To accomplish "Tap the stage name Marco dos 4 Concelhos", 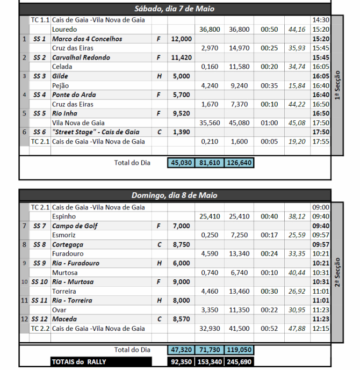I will coord(87,39).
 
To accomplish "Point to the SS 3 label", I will coord(39,76).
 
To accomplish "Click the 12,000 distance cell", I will coord(181,39).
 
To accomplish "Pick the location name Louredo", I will coord(64,29).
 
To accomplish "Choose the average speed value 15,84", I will coord(297,85).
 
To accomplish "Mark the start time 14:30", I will coord(320,20).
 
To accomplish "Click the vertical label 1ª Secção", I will coord(337,86).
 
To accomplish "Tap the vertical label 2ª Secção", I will coord(337,272).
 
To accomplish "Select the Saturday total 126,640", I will coord(239,162).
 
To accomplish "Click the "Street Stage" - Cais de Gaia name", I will coord(96,132).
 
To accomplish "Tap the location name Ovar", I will coord(59,310).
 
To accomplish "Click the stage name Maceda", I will coord(65,319).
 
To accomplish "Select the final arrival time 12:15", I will coord(320,328).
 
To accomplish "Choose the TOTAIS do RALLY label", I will coord(79,361).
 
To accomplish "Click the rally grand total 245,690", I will coord(239,362).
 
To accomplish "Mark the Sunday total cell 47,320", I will coord(181,350).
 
